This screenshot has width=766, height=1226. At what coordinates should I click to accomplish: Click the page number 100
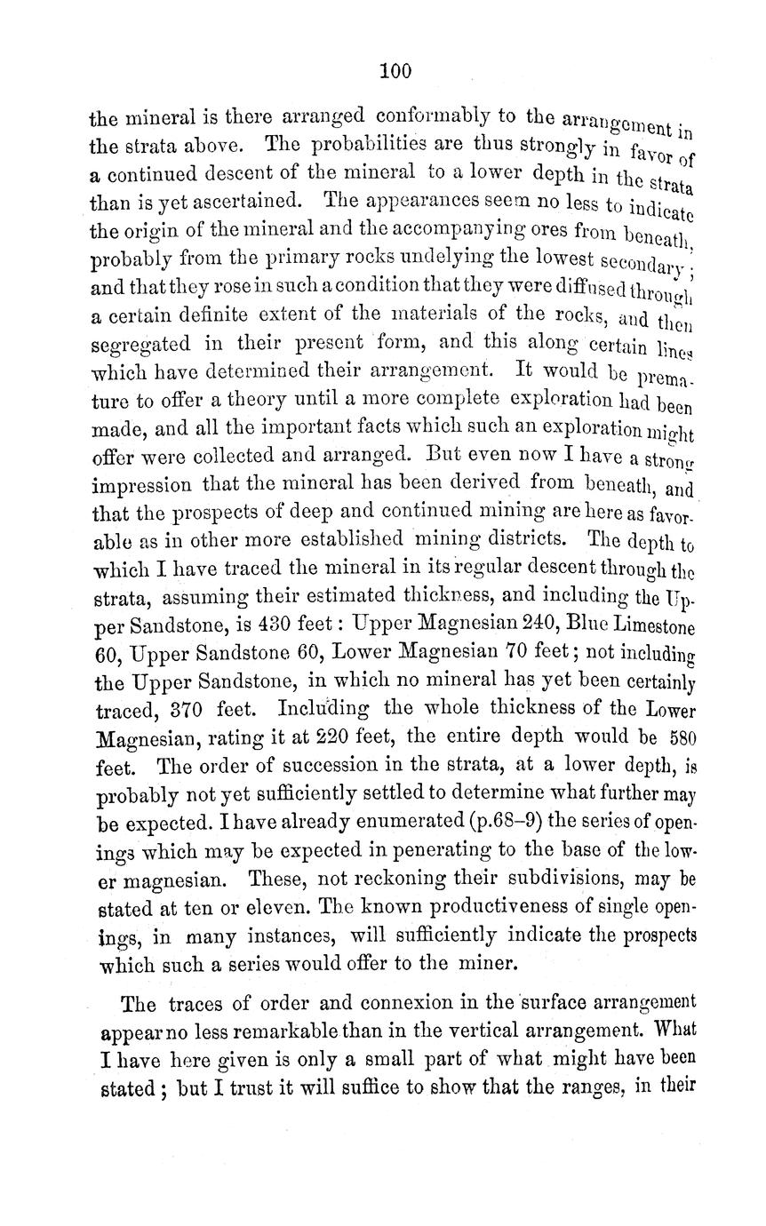[x=395, y=71]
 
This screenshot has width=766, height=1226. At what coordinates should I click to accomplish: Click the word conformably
[x=436, y=116]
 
